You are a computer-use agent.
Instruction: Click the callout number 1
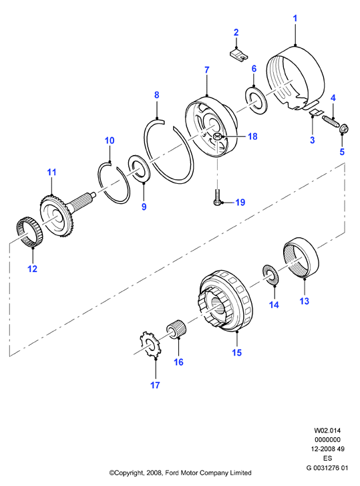pos(295,18)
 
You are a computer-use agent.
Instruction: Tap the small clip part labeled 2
pos(239,55)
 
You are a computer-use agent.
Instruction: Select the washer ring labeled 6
pos(256,100)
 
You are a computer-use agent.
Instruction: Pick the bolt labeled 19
pos(218,197)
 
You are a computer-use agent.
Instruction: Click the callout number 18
pos(252,136)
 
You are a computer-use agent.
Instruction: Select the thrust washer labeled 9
pos(140,168)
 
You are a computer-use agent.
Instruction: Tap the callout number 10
pos(110,140)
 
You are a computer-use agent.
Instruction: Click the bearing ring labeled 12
pos(29,233)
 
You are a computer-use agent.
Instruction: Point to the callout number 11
pos(51,172)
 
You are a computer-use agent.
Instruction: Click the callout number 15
pos(237,352)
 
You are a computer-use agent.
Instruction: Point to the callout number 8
pos(157,95)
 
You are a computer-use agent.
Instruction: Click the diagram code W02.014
pos(327,431)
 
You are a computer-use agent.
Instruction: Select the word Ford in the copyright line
pos(172,473)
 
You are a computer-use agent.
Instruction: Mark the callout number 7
pos(207,70)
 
